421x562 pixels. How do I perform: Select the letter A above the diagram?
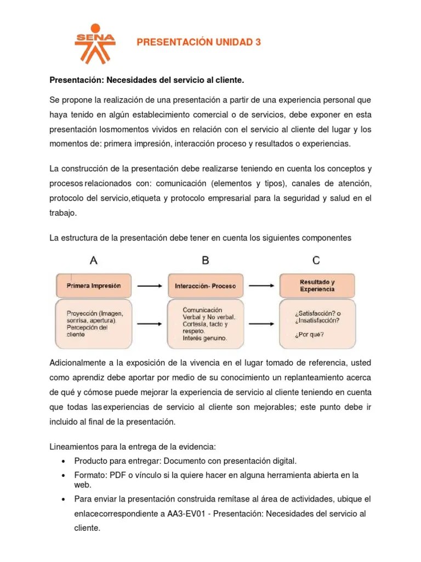point(94,261)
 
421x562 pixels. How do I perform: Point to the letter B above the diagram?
point(205,261)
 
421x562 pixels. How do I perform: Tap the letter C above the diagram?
point(316,261)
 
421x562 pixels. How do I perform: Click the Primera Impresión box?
point(94,285)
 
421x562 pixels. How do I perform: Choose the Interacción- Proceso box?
point(205,285)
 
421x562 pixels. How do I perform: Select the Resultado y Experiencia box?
point(317,285)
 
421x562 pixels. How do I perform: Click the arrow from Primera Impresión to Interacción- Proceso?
point(149,285)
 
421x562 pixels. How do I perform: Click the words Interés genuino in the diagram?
point(204,339)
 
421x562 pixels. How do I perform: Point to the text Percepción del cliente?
point(87,330)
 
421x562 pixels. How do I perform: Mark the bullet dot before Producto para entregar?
point(65,461)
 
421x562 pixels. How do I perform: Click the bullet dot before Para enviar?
point(65,499)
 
